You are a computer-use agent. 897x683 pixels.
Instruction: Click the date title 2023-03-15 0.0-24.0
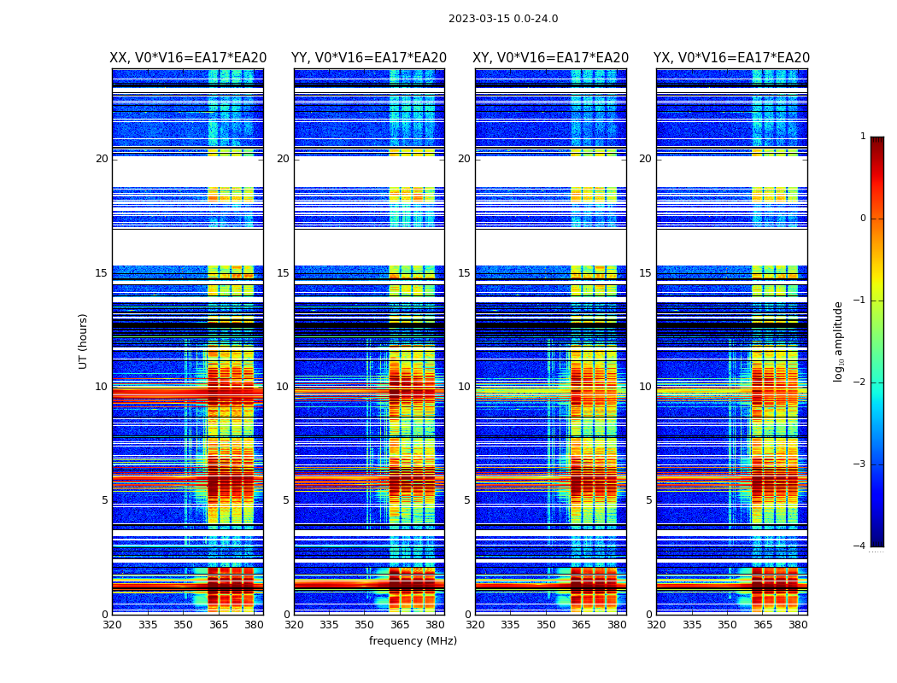pyautogui.click(x=503, y=19)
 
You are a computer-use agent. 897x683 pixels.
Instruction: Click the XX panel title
pyautogui.click(x=188, y=58)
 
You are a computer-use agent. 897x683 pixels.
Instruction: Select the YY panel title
pyautogui.click(x=369, y=58)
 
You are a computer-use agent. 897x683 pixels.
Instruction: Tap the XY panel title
pyautogui.click(x=551, y=58)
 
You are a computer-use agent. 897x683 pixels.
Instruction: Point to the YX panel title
pyautogui.click(x=731, y=58)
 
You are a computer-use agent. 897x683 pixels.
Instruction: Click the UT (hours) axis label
pyautogui.click(x=83, y=341)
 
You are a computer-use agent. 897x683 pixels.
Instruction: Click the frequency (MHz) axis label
pyautogui.click(x=413, y=641)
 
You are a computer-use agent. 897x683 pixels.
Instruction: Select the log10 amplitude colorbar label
pyautogui.click(x=839, y=341)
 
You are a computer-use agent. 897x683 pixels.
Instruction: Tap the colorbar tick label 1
pyautogui.click(x=863, y=137)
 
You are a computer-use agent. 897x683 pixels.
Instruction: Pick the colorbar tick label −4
pyautogui.click(x=860, y=546)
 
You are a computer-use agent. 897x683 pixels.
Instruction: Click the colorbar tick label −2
pyautogui.click(x=860, y=382)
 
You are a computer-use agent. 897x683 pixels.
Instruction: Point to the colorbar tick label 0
pyautogui.click(x=863, y=219)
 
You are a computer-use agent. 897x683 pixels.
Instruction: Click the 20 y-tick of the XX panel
pyautogui.click(x=102, y=159)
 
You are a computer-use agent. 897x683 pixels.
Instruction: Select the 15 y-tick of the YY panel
pyautogui.click(x=283, y=273)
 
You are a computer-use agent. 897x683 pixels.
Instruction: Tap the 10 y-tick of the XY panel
pyautogui.click(x=464, y=387)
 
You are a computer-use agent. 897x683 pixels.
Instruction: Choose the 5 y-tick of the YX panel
pyautogui.click(x=649, y=500)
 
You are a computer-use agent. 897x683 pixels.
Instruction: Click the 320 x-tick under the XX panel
pyautogui.click(x=113, y=625)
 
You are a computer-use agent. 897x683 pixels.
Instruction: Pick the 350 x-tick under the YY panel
pyautogui.click(x=365, y=625)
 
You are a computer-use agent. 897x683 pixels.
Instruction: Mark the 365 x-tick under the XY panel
pyautogui.click(x=582, y=625)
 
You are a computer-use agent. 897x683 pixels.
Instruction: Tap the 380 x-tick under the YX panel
pyautogui.click(x=798, y=625)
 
